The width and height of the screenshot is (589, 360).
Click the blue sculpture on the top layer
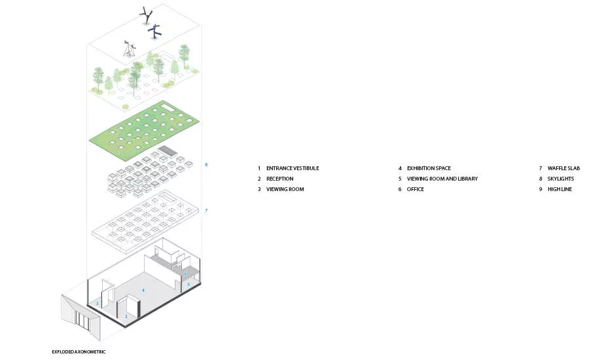154,32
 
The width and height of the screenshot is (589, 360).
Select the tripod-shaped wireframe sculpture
129,49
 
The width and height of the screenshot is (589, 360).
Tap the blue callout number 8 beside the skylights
206,164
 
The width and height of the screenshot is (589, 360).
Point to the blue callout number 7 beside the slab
206,211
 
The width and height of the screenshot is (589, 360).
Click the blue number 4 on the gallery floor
143,290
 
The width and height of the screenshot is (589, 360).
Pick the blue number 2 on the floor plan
126,316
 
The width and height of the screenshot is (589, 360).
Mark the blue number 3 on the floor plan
98,303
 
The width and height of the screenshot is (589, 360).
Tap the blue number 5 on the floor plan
188,285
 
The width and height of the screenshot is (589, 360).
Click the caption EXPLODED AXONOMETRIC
79,351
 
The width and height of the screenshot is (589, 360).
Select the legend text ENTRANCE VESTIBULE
293,168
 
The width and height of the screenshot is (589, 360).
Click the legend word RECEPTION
280,179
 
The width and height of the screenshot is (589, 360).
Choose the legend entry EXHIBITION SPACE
429,168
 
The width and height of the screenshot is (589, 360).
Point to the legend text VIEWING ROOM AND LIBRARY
442,179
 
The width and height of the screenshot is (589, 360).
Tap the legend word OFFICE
416,189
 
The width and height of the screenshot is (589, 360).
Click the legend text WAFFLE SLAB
564,168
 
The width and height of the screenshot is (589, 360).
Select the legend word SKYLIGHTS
561,179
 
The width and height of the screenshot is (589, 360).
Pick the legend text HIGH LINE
560,189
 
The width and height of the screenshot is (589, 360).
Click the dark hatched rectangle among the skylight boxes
168,151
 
